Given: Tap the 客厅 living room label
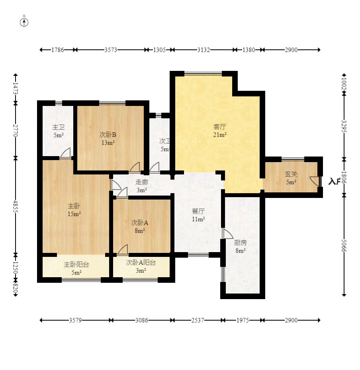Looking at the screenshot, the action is point(220,127).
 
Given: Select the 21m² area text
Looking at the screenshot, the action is point(220,135).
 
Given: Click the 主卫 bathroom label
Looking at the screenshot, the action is point(58,127).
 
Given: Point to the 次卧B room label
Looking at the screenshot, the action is point(108,135).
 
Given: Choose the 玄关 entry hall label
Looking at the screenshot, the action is point(291,174).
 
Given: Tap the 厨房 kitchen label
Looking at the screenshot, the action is point(240,243).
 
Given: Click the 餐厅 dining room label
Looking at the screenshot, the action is point(198,211).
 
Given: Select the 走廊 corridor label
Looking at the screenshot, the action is point(141,182).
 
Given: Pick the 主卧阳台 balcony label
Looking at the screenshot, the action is point(76,264).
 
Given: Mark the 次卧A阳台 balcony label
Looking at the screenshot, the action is point(141,262).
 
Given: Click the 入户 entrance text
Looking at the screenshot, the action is point(334,182).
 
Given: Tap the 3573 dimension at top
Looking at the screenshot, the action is point(111,50).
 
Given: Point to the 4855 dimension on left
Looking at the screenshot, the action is point(16,206).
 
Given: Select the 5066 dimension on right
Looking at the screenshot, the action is point(344,246).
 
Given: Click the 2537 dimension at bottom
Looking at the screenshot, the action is point(198,320).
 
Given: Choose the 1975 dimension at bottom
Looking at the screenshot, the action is point(243,320).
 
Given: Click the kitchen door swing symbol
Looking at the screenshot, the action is point(227,234).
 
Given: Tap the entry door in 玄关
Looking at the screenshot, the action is point(315,181).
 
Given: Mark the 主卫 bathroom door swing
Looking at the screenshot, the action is point(66,153).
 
